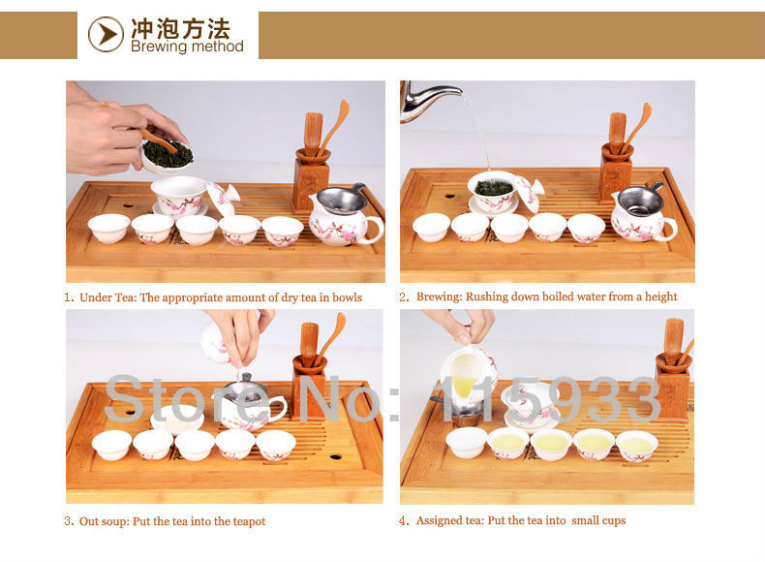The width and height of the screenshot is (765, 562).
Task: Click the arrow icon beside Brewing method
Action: click(106, 34)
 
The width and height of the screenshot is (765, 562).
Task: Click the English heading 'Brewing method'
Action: click(187, 47)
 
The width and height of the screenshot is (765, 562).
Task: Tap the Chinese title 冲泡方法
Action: click(180, 28)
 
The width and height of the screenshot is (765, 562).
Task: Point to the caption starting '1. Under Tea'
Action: click(213, 297)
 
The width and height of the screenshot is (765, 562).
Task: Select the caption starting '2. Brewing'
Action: click(538, 297)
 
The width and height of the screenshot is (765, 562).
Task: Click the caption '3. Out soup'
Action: click(165, 521)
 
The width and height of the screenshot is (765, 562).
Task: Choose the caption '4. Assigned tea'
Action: click(512, 520)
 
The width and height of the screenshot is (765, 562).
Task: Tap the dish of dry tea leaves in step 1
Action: click(168, 156)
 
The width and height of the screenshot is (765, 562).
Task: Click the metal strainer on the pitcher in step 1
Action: click(342, 200)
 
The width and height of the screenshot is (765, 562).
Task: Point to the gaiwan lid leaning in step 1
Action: click(223, 199)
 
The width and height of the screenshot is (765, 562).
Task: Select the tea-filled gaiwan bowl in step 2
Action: click(492, 191)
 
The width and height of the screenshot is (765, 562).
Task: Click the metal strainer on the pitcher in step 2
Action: click(641, 201)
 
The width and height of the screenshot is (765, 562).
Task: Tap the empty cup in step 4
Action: click(467, 442)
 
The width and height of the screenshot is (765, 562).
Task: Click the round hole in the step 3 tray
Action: click(335, 457)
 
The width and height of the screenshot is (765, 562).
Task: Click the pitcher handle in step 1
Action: click(374, 230)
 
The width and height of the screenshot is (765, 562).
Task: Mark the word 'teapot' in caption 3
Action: click(249, 521)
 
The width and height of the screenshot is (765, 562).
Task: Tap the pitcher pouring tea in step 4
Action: click(468, 372)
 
